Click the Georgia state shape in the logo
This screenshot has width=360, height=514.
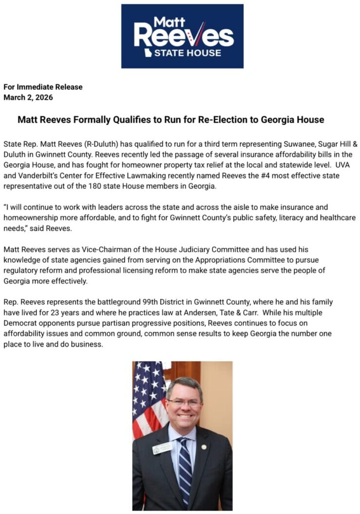coord(147,51)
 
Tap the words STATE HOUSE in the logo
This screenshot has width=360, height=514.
coord(188,53)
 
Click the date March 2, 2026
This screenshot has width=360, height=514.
coord(28,97)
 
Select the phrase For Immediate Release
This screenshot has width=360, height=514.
coord(43,87)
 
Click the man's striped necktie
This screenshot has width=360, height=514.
coord(185,467)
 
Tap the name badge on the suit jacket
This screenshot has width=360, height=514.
coord(162,448)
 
